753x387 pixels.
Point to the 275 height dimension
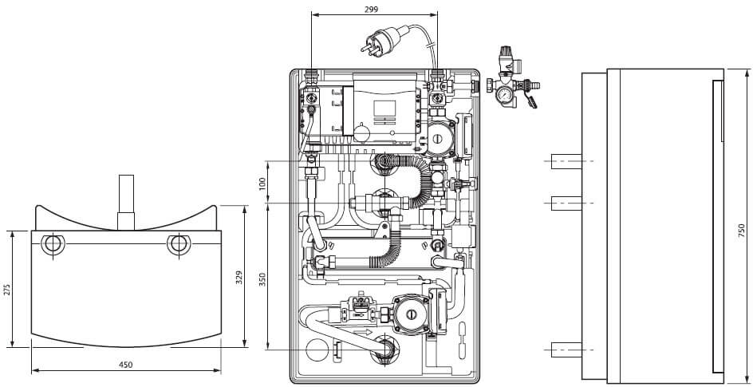[x=7, y=289]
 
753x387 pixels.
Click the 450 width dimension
[x=125, y=365]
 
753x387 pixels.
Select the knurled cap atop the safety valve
[x=504, y=55]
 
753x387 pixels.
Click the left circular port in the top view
[x=55, y=243]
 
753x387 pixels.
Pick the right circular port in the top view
[x=178, y=243]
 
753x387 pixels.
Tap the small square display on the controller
[x=384, y=109]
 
